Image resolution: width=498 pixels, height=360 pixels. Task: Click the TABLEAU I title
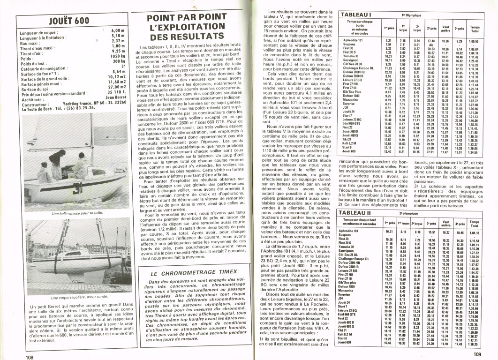point(356,15)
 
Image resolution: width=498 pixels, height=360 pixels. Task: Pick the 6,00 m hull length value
point(119,30)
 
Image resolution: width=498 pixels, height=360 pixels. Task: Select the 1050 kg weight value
point(117,55)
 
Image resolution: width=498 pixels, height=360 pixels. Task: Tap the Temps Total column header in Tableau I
point(475,29)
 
